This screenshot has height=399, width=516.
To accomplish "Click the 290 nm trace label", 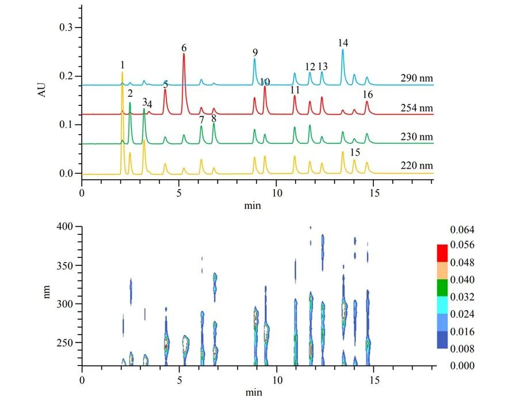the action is coord(416,78).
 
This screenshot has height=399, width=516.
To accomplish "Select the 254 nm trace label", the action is coord(416,108).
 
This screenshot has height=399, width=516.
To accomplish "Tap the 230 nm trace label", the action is coord(416,136).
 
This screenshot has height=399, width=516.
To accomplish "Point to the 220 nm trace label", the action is coord(416,165).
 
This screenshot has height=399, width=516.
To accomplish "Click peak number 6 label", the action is coord(184,48).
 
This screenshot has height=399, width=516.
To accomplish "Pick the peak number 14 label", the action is coord(343,43).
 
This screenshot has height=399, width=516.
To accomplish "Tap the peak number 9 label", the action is coord(255,52).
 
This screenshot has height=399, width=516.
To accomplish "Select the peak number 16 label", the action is coord(368,94).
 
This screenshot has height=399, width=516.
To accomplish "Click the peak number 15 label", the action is coord(355,152).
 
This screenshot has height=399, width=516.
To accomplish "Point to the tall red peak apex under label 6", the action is coord(184,54).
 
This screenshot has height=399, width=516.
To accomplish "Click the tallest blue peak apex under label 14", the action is coord(343,50).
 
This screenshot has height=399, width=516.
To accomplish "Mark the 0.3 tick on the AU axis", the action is coord(78,27).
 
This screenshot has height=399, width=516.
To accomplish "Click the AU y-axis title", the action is coord(42,90).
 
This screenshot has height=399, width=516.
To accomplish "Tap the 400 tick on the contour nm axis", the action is coord(78,227).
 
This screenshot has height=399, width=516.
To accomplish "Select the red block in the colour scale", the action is coord(442,253).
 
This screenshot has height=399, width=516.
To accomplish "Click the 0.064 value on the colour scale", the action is coord(463,229).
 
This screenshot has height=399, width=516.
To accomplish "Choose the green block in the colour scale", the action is coord(442,288).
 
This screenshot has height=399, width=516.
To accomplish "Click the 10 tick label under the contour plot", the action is coord(277,381).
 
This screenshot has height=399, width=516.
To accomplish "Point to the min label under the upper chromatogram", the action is coord(253,206).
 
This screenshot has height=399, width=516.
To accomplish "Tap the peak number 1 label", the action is coord(123,65).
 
